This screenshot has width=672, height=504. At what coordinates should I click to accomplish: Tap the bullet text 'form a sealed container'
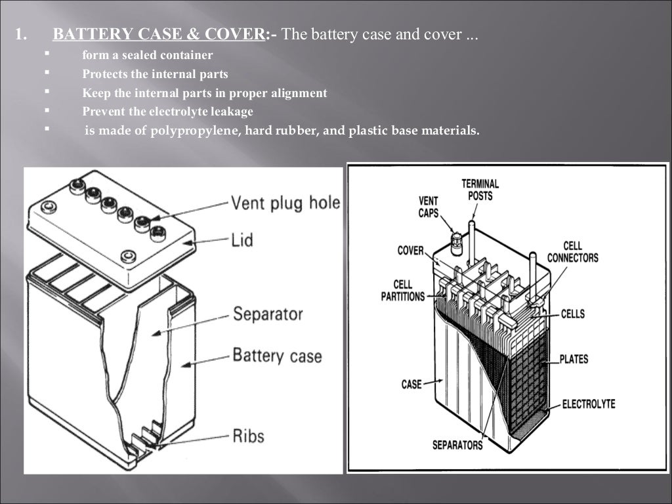(148, 55)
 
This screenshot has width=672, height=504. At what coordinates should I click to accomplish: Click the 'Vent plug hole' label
(285, 202)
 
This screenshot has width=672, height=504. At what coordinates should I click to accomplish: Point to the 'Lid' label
(242, 241)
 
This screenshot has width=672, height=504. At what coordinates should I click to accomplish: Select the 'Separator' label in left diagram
(268, 314)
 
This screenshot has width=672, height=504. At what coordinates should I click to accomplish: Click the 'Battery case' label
(277, 356)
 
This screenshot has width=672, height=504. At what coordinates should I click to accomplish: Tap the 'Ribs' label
(248, 435)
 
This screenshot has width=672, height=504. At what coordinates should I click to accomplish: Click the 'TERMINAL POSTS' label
(480, 190)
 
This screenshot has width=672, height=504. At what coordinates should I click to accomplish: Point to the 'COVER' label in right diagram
(410, 251)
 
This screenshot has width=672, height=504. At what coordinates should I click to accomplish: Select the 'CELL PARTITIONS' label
(402, 291)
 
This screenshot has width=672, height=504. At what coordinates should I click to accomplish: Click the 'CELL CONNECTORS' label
(572, 252)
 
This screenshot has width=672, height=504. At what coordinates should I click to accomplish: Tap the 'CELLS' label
(572, 314)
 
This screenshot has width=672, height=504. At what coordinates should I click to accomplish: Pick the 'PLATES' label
(574, 360)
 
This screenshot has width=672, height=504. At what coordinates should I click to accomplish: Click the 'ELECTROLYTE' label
(589, 404)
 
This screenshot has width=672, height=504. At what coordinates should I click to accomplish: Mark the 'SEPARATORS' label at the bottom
(457, 446)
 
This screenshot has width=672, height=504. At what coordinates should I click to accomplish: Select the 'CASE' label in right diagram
(411, 384)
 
